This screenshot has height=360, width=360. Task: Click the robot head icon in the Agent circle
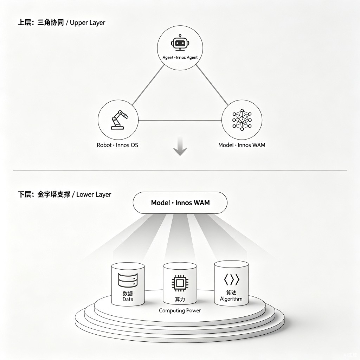(x=180, y=43)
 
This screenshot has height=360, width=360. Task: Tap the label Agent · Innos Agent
(x=180, y=57)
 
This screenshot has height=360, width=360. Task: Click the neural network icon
(x=242, y=120)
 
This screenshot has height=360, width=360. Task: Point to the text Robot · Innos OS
(x=117, y=145)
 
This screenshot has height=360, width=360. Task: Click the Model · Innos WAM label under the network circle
(x=242, y=145)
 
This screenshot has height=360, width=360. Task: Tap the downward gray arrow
(x=180, y=147)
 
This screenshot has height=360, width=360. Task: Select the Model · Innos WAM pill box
(x=180, y=203)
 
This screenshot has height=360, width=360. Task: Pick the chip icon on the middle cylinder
(x=180, y=283)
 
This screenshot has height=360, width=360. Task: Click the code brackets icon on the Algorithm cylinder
(x=231, y=279)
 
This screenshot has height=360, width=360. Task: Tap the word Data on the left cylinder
(x=128, y=300)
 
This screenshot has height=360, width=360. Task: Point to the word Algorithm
(x=231, y=299)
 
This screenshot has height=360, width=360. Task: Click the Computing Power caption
(x=180, y=311)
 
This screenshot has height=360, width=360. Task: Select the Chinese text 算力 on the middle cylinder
(x=180, y=300)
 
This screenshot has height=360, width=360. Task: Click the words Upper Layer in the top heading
(x=88, y=23)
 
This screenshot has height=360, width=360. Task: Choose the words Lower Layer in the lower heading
(x=94, y=195)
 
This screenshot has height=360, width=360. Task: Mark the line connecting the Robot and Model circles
(x=180, y=121)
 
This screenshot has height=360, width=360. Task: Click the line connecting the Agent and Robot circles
(x=148, y=85)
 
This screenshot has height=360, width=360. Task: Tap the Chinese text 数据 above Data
(x=128, y=294)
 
